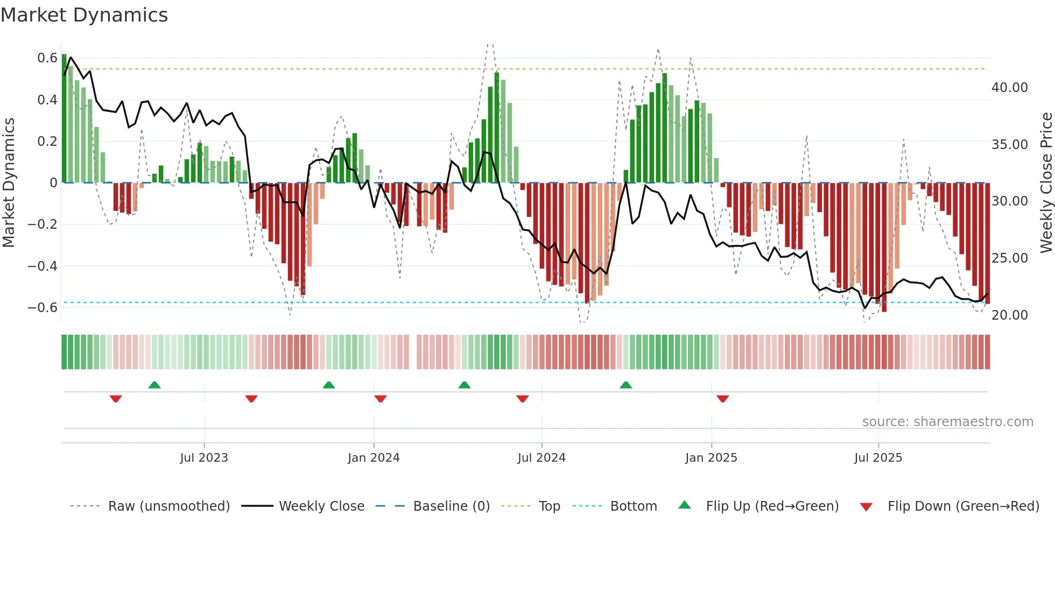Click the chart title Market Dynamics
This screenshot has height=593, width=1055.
tap(85, 15)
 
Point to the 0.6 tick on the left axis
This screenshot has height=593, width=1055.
tap(47, 58)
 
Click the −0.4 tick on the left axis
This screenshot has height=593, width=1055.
tap(43, 266)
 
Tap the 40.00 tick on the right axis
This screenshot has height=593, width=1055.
tap(1009, 88)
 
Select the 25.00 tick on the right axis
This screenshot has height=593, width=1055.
tap(1009, 258)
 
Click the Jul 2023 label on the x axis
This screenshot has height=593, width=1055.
tap(204, 458)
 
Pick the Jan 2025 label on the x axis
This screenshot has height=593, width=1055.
tap(711, 458)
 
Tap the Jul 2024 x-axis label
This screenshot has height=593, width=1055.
tap(541, 458)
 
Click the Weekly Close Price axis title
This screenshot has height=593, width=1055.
tap(1046, 182)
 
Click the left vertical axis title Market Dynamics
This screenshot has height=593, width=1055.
tap(9, 182)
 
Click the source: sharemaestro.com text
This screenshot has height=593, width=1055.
tap(947, 422)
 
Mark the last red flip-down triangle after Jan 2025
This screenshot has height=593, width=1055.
tap(723, 399)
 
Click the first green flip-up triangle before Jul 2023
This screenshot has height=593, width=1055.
tap(154, 385)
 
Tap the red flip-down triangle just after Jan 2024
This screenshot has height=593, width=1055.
tap(381, 399)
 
